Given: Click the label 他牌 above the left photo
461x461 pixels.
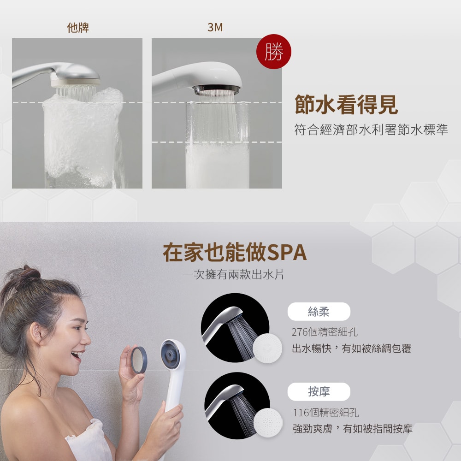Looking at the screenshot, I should point(78,28).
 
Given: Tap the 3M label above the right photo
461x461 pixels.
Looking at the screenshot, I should point(215,28).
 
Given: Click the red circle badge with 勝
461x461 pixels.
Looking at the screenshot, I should point(274,53).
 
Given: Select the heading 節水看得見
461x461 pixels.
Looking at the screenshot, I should point(346,106).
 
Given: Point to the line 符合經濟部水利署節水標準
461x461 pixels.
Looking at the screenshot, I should point(371,130).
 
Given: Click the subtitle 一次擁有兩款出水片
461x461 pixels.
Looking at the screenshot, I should point(233,275).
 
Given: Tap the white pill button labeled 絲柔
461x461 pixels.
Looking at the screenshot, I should point(319,312).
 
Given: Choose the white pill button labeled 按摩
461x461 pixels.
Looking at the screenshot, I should point(319,392).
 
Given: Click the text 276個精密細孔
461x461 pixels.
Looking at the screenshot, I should point(325,332).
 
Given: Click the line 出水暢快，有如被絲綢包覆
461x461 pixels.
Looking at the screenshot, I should point(351,349).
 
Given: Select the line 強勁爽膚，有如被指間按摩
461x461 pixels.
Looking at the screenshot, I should point(353,429).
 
